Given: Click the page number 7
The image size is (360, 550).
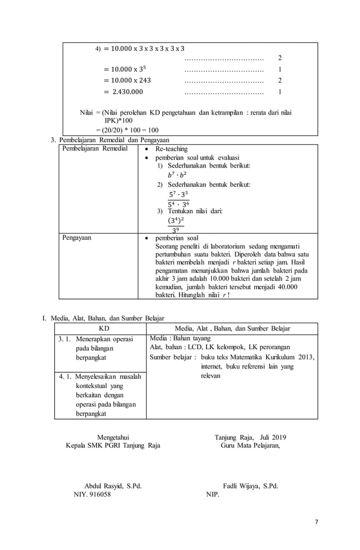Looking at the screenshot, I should click(317, 521).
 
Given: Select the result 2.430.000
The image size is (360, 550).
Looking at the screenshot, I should click(127, 91).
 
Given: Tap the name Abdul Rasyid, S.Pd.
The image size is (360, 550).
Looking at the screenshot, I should click(112, 486).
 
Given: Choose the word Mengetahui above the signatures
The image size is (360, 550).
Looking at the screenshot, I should click(113, 437).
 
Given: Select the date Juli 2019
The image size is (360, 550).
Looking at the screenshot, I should click(271, 437).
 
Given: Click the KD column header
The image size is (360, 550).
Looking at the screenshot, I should click(104, 328).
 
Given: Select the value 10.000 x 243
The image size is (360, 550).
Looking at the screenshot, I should click(127, 80).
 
